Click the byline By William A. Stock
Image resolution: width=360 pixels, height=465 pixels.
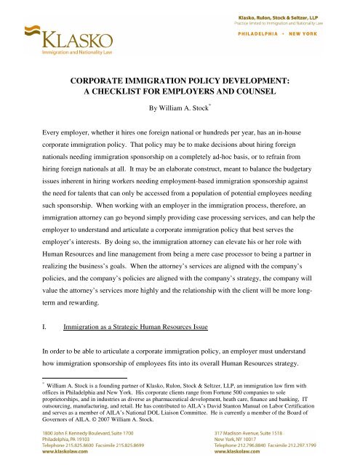tap(180, 113)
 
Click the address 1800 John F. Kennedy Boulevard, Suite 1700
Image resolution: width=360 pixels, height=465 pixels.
tap(75, 433)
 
